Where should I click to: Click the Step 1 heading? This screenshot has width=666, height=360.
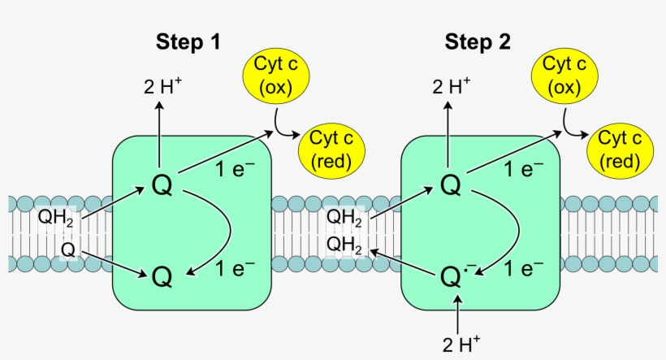tap(188, 42)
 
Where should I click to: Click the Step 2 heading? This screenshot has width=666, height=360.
tap(478, 42)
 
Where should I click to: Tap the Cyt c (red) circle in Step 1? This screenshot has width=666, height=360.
tap(331, 150)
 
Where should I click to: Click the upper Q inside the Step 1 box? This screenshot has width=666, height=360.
tap(162, 185)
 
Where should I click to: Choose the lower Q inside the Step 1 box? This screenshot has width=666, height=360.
tap(162, 277)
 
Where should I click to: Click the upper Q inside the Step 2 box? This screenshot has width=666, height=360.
tap(451, 185)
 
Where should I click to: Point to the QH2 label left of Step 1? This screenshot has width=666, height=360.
tap(56, 218)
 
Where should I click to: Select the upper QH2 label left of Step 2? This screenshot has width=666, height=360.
tap(344, 218)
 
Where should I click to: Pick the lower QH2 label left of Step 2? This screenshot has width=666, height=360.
tap(344, 245)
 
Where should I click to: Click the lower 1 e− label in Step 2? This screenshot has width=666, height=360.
tap(524, 266)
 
